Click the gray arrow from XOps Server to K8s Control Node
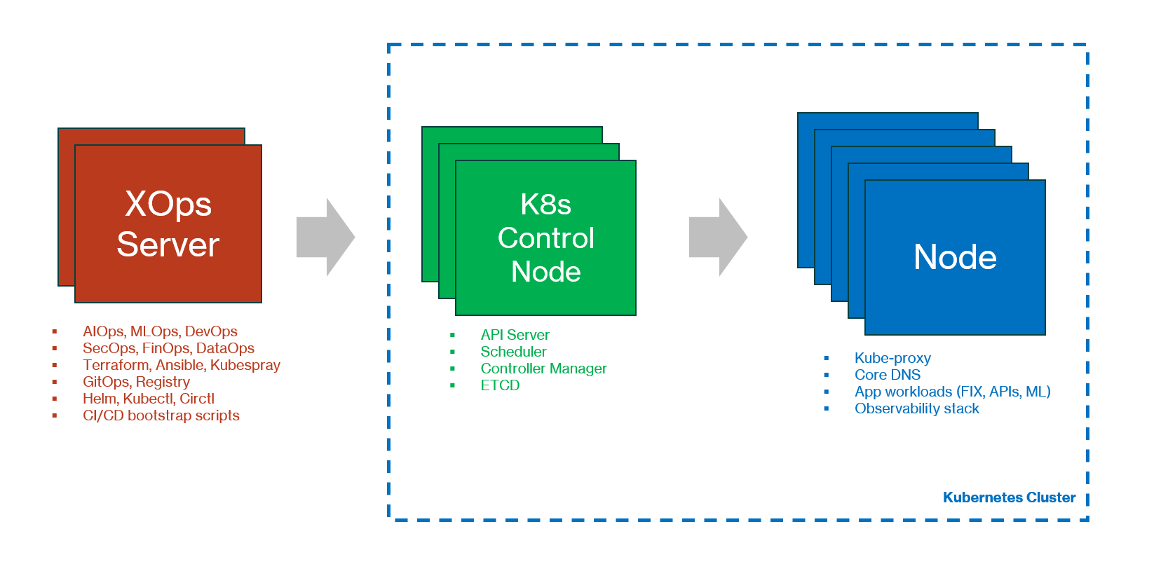coord(324,237)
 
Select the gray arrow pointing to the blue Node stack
coord(716,237)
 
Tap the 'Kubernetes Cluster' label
coord(1008,497)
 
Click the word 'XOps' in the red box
coord(168,205)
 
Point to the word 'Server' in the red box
coord(168,245)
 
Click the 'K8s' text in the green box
coord(545,205)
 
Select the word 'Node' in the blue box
coord(955,257)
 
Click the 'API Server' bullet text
coord(515,335)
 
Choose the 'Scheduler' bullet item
coord(513,352)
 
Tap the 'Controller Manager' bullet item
coord(543,369)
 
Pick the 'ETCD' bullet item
coord(500,385)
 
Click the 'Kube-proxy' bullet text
coord(892,358)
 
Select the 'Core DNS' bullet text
coord(887,375)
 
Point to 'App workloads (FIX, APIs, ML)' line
coord(952,392)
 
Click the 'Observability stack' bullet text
coord(916,408)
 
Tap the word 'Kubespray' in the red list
coord(245,365)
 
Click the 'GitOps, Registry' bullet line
coord(136,382)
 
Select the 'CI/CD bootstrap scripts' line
coord(161,415)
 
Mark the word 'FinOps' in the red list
coord(165,348)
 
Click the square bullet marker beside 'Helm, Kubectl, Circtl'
coord(55,399)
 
